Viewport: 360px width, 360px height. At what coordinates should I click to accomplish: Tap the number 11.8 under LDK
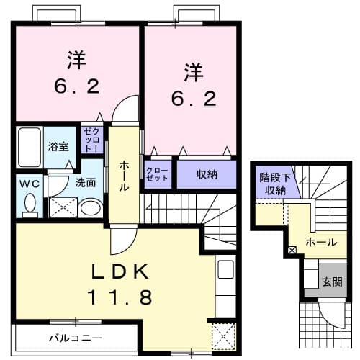[121, 297]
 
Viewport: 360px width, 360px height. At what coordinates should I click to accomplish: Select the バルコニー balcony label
[75, 337]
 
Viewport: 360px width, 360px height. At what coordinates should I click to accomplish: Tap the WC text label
[29, 183]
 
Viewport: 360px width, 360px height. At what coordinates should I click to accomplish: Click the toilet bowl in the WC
[30, 206]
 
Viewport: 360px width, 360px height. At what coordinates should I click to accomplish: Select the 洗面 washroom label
[86, 183]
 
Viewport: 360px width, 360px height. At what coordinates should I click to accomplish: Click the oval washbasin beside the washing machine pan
[89, 208]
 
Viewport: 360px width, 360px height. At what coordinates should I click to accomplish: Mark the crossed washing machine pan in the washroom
[63, 207]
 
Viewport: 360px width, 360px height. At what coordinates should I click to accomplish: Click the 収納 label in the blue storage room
[207, 174]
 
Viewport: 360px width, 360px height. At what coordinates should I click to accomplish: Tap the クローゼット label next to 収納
[158, 174]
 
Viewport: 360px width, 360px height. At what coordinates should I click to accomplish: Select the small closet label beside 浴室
[91, 138]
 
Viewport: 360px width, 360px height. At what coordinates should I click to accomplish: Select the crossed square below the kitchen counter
[222, 336]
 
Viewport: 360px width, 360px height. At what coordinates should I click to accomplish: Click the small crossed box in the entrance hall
[292, 251]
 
